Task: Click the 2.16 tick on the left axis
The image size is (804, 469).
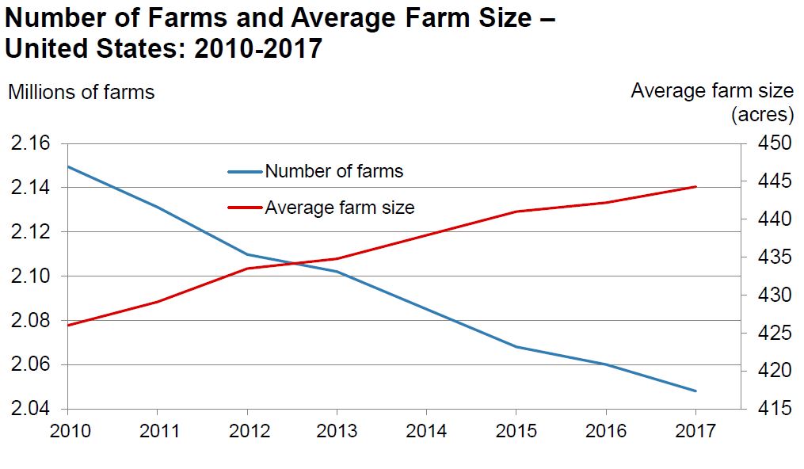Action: pos(29,143)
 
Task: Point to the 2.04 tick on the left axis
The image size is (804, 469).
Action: pos(29,410)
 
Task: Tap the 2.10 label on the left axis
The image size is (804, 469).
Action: pos(29,276)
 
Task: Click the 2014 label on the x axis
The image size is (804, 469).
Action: pos(426,432)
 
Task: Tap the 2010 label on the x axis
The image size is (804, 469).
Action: pos(67,432)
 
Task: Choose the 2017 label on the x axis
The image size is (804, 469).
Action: pos(695,432)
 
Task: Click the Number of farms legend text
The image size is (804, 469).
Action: pos(333,171)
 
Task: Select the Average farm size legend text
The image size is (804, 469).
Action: pos(339,208)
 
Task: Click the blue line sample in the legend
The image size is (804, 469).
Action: pos(244,171)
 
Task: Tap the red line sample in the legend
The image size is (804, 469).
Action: pos(244,208)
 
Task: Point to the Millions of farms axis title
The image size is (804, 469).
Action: pos(82,92)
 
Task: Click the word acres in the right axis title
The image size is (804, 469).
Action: pos(761,115)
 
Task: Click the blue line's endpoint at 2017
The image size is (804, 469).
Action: pos(695,391)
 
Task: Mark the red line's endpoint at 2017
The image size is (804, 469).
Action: pos(695,187)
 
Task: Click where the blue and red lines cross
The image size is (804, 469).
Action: pos(295,263)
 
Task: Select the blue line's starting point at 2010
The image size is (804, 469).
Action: pos(68,166)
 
